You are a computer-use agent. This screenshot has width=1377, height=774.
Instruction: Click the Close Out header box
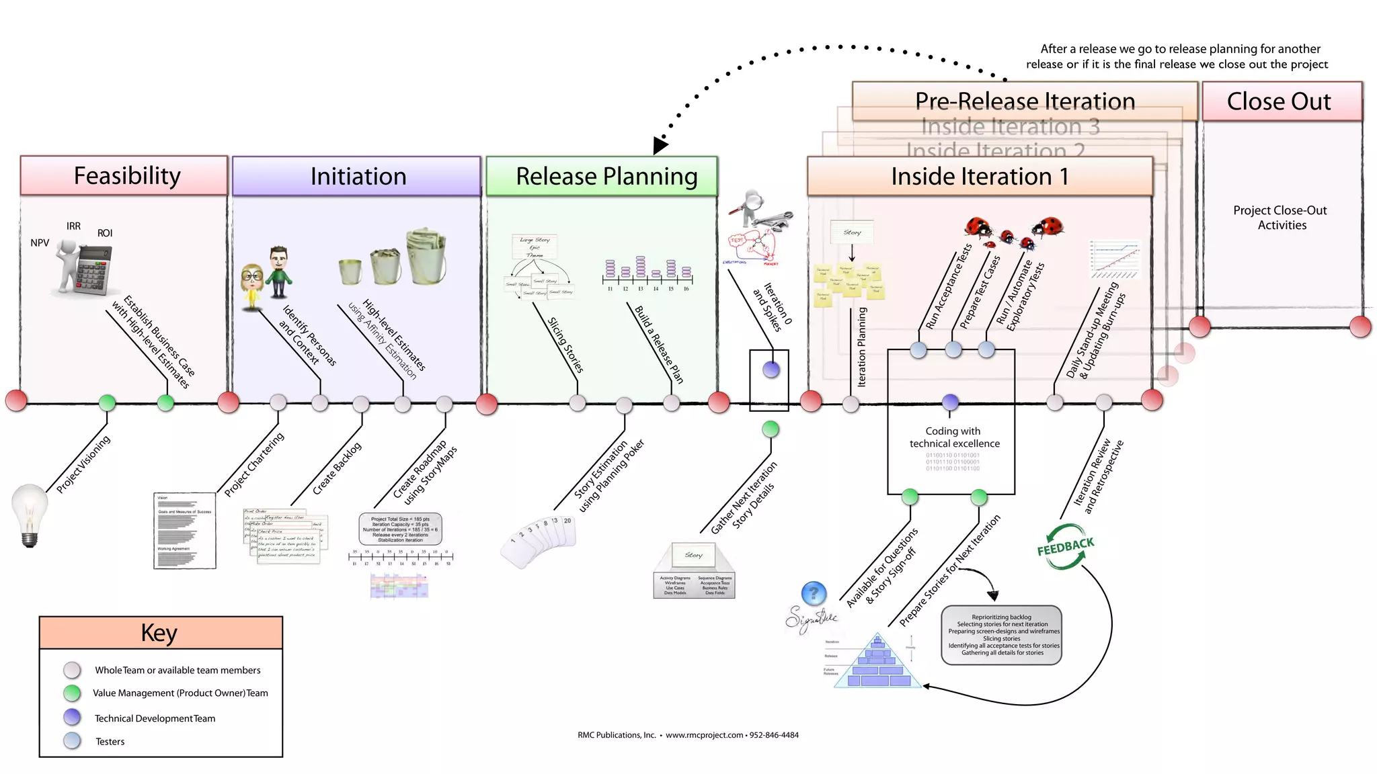tap(1281, 102)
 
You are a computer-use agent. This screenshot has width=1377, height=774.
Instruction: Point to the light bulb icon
tap(30, 513)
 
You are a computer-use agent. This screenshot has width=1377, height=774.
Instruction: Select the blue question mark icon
tap(814, 593)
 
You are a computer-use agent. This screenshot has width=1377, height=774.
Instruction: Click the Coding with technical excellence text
tap(953, 437)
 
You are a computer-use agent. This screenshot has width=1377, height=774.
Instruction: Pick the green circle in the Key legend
tap(72, 693)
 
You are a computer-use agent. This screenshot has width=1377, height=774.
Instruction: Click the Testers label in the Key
tap(110, 742)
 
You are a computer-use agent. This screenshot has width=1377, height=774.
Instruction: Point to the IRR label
tap(73, 226)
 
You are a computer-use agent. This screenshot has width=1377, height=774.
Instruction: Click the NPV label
tap(40, 243)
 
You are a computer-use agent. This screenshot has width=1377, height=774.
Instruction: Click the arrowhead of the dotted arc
tap(660, 146)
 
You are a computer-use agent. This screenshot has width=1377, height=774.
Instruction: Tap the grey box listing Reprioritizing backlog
tap(1001, 635)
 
